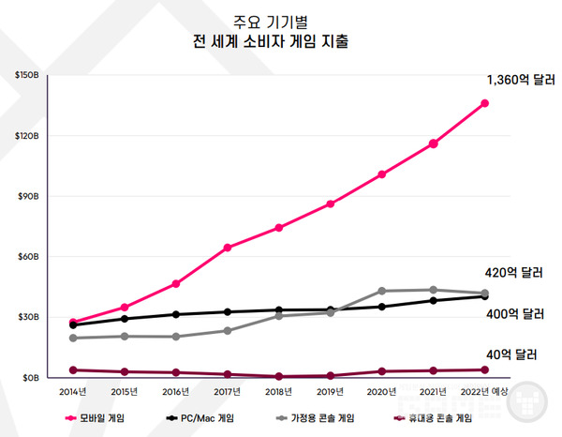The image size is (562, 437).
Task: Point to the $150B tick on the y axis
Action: pyautogui.click(x=25, y=75)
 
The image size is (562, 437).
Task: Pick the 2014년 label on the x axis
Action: pyautogui.click(x=73, y=391)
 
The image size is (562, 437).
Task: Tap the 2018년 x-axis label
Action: pyautogui.click(x=279, y=391)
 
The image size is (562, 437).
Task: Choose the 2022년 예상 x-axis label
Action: pyautogui.click(x=484, y=391)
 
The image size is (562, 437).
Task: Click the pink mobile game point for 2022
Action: pyautogui.click(x=485, y=103)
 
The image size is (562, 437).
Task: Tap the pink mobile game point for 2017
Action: pyautogui.click(x=228, y=248)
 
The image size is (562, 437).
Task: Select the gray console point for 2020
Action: pyautogui.click(x=382, y=291)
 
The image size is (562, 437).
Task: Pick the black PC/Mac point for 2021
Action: pyautogui.click(x=434, y=300)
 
